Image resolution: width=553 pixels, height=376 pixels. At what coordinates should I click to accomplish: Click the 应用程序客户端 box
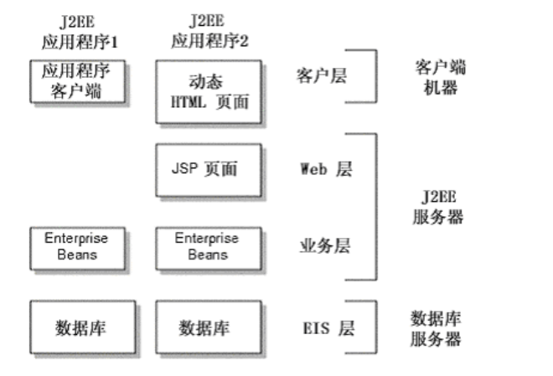tap(77, 81)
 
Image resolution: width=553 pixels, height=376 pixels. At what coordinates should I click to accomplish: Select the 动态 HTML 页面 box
tap(209, 91)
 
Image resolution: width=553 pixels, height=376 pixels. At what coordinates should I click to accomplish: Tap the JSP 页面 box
tap(209, 169)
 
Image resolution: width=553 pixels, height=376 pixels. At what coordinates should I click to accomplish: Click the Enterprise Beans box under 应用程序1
tap(77, 246)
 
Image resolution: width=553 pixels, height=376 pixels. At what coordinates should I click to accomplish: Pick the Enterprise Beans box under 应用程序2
tap(208, 246)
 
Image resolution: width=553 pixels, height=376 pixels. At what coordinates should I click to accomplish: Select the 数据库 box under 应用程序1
tap(77, 327)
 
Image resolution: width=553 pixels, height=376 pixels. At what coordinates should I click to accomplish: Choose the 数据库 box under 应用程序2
tap(208, 327)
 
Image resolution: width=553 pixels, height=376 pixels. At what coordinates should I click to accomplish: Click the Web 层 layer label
tap(325, 168)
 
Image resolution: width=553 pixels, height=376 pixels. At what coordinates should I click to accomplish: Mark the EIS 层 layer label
tap(325, 327)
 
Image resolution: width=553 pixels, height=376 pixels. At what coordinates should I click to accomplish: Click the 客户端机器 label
tap(440, 76)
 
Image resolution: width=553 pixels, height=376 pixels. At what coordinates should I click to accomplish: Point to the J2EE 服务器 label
tap(439, 206)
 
